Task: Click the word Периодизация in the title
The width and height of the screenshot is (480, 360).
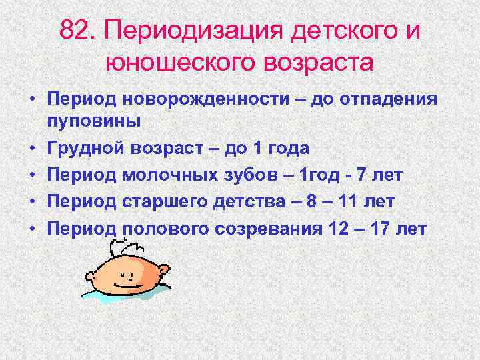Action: click(179, 31)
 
